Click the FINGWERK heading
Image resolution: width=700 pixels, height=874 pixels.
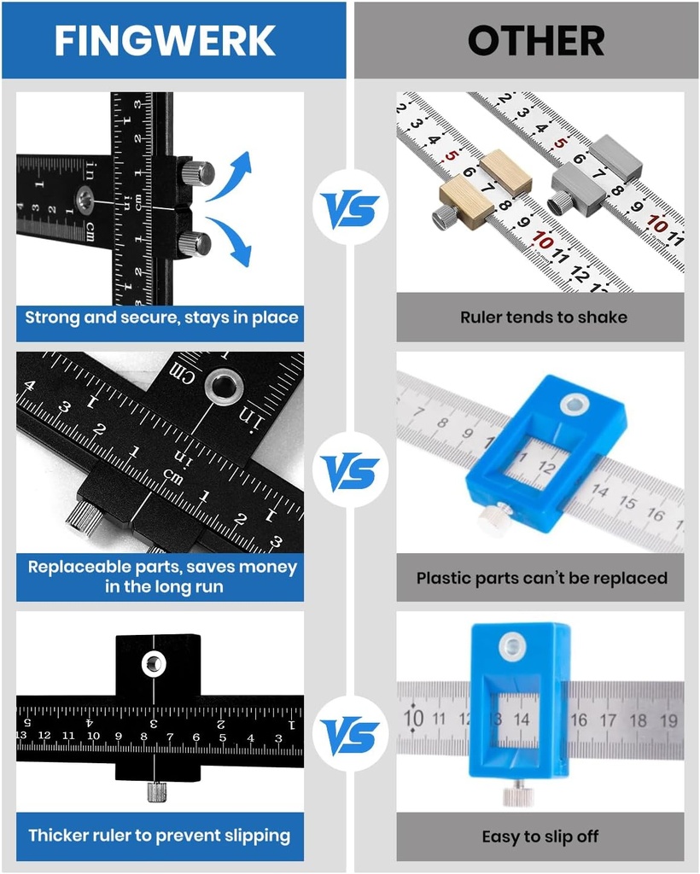coord(165,40)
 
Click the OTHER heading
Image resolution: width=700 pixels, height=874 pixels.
coord(536,40)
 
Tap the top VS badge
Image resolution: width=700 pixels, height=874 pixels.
coord(350,208)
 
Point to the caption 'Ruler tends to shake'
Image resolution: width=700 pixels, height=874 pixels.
coord(544,318)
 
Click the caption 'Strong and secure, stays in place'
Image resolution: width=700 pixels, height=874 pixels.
coord(161,318)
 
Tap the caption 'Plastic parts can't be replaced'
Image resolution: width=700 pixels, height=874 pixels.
coord(541,578)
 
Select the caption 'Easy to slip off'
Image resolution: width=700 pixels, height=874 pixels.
coord(540,837)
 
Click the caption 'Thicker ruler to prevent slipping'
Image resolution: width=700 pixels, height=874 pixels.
coord(160,836)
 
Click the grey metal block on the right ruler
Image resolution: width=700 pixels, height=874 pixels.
coord(615,156)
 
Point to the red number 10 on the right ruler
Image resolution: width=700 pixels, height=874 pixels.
coord(656,224)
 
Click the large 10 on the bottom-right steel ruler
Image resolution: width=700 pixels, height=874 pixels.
coord(414,718)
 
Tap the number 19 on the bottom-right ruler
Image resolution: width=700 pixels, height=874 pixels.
coord(669,721)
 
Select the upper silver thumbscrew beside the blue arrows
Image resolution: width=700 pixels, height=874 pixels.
coord(197,172)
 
